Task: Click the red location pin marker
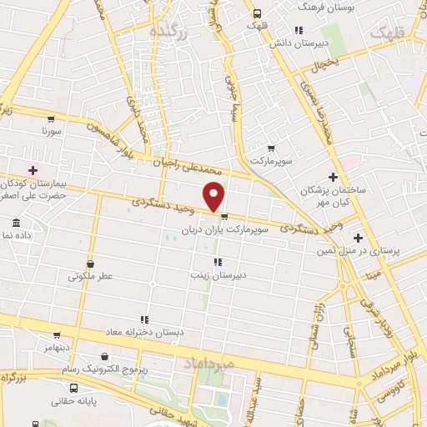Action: pyautogui.click(x=214, y=197)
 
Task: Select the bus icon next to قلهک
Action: pyautogui.click(x=257, y=13)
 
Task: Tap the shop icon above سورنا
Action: pyautogui.click(x=52, y=118)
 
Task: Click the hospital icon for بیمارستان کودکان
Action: pyautogui.click(x=33, y=169)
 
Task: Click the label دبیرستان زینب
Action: pyautogui.click(x=218, y=274)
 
